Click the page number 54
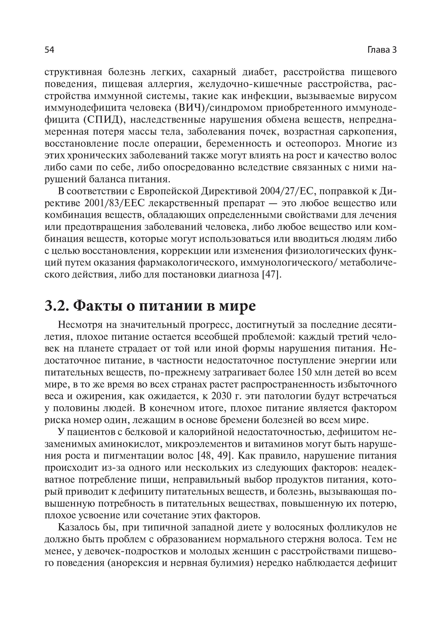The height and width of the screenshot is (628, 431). tap(49, 50)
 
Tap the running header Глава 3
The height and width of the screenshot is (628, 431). tap(381, 50)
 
